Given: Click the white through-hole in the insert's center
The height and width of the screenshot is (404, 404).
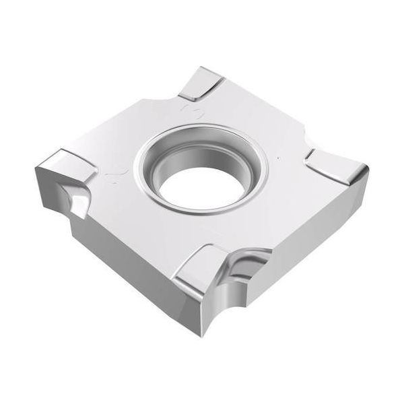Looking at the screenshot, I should [203, 179].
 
